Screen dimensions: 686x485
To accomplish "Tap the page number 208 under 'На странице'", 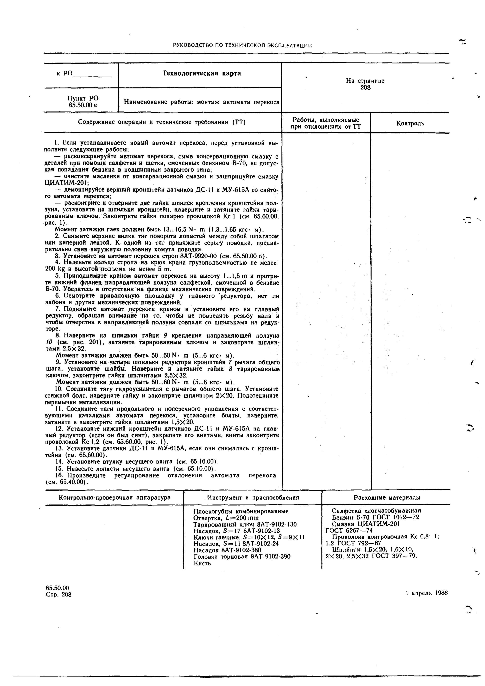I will coord(365,87).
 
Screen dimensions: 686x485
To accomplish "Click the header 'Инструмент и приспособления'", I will coord(253,497).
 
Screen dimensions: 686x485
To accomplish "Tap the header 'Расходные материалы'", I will coord(387,497).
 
